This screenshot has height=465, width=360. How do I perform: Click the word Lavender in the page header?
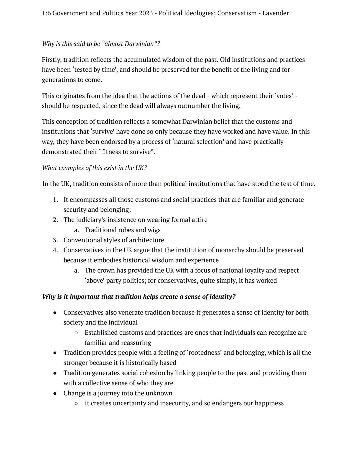275,13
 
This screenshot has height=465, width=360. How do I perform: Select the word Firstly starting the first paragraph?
51,60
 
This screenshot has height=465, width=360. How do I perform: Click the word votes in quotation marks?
285,96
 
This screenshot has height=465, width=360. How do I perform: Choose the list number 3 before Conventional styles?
55,240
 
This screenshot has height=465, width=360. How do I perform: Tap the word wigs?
153,230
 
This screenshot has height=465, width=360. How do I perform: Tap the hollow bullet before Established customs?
76,333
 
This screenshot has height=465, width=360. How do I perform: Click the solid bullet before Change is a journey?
55,393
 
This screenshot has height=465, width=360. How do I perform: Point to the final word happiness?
269,403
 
